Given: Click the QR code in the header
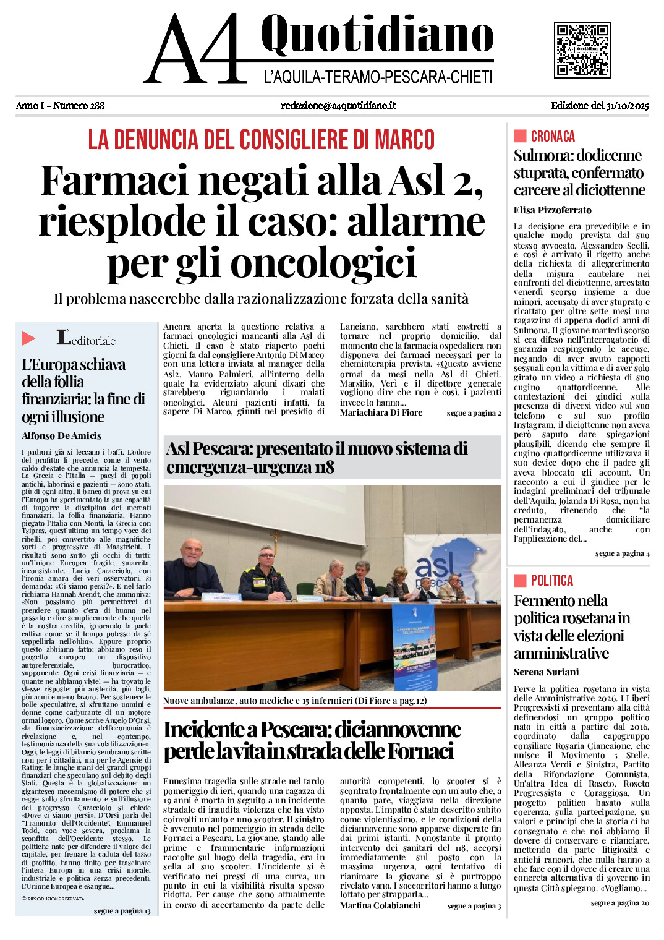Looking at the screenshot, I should (582, 50).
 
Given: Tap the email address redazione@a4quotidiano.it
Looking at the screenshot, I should (338, 106).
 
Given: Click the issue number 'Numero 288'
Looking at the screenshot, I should (79, 106).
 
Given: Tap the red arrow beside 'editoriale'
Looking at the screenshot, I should (28, 338).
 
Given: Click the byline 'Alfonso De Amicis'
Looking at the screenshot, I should (62, 436).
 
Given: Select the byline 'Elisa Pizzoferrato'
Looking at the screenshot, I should (552, 210).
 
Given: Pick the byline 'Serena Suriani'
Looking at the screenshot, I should (546, 672).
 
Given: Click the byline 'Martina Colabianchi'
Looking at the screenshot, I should (380, 905).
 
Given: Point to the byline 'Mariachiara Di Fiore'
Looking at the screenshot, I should (381, 412).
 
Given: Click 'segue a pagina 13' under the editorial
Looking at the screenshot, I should (122, 911).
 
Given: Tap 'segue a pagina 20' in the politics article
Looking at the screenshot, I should (619, 903).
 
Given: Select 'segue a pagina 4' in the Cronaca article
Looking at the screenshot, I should (622, 553).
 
